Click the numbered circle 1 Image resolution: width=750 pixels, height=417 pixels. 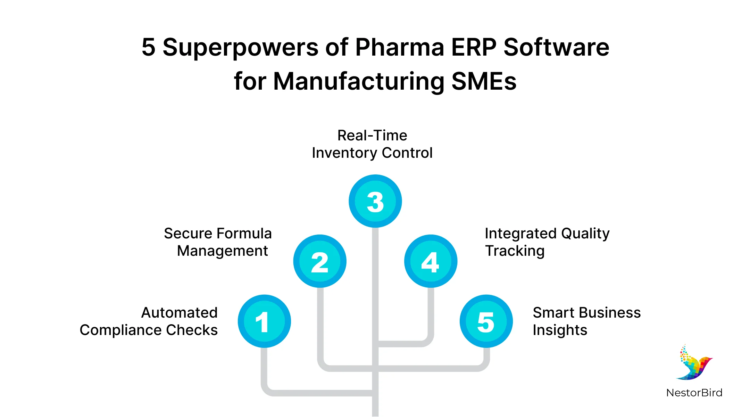pos(264,321)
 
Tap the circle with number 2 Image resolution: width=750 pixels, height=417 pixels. pos(320,261)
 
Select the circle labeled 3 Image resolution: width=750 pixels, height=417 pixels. pos(375,201)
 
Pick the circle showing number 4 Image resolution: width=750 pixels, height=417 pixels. pos(431,261)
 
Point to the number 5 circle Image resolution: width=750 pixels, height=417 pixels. pos(486,321)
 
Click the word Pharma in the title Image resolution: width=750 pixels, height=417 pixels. pos(399,47)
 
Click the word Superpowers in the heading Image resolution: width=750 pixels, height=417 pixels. pos(240,47)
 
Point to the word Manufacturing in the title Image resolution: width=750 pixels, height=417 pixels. pos(359,81)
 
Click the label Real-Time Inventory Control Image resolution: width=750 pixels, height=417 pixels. pos(372,144)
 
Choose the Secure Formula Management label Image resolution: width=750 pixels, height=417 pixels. pos(218,242)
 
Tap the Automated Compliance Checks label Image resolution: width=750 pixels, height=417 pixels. pos(149,321)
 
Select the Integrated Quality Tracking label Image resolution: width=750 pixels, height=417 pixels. pos(547,242)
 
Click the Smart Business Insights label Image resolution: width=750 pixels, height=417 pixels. pos(586,321)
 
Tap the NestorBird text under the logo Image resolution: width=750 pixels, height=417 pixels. pos(694,393)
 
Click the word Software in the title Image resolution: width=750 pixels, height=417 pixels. pos(556,47)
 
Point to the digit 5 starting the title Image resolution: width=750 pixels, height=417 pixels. pos(148,47)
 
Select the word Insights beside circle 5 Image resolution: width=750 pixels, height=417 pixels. pos(560,330)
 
